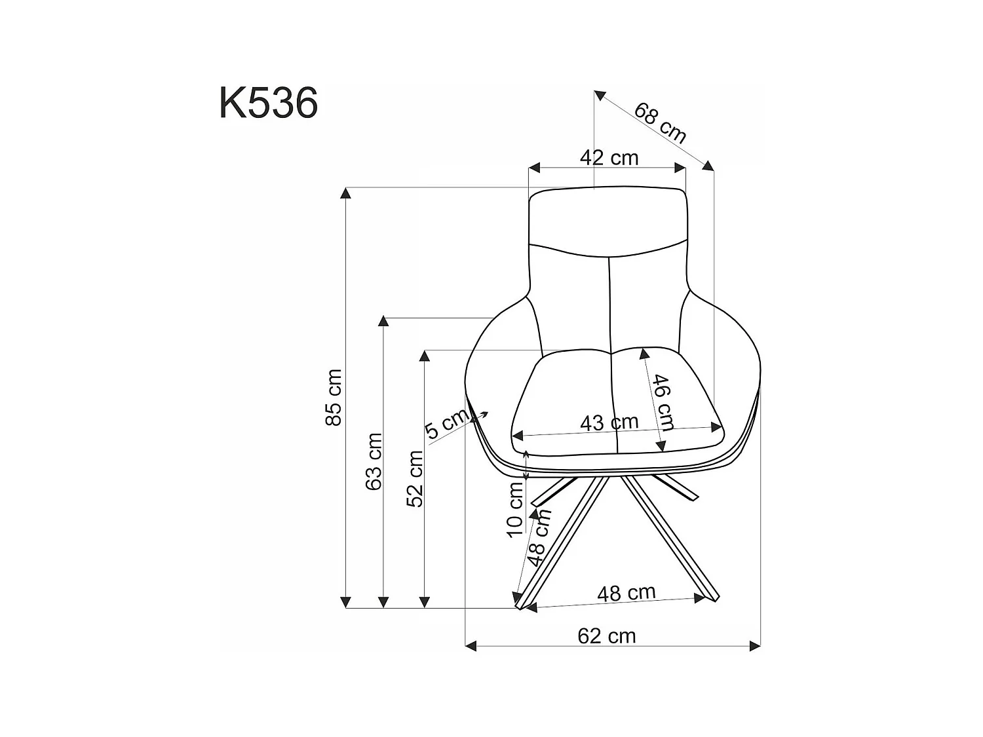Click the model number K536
click(x=269, y=104)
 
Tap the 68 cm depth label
click(x=660, y=123)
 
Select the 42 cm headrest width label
click(x=609, y=158)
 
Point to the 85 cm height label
click(x=334, y=397)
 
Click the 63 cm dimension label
click(x=374, y=461)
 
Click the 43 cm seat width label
click(x=609, y=423)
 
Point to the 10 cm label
click(x=516, y=508)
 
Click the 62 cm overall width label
click(x=607, y=635)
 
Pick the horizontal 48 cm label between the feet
click(x=626, y=593)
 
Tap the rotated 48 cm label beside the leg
click(x=539, y=537)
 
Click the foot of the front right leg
click(x=712, y=597)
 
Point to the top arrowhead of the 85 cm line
click(x=346, y=193)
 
